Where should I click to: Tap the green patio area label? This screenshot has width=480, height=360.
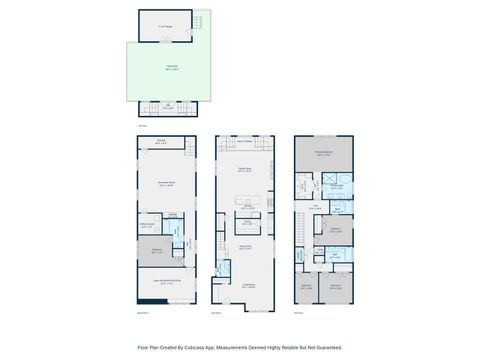[158, 68]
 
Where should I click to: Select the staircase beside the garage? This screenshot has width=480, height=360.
[199, 22]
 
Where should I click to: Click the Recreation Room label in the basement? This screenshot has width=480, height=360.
[165, 184]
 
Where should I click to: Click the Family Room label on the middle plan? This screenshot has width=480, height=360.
[244, 169]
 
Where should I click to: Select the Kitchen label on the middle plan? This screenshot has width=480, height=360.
[243, 207]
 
